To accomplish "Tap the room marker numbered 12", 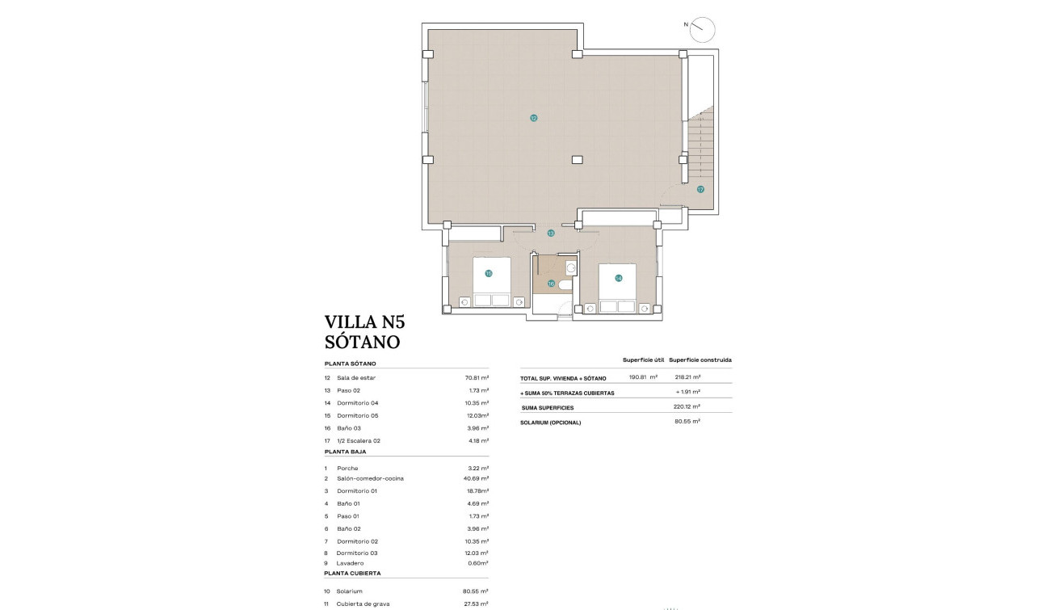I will click(x=533, y=118).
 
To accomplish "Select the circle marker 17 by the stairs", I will click(x=700, y=190).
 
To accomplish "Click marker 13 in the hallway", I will click(x=551, y=233).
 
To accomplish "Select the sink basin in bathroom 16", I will click(x=571, y=267).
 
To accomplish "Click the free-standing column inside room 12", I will click(x=576, y=159).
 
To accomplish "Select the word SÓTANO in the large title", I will click(x=362, y=342).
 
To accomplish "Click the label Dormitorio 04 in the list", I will click(x=358, y=402).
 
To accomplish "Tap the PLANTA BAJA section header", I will click(x=345, y=452).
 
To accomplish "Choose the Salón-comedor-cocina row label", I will click(x=370, y=478).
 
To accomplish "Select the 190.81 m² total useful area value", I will click(x=643, y=377).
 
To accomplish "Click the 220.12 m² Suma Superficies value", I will click(x=686, y=406).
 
